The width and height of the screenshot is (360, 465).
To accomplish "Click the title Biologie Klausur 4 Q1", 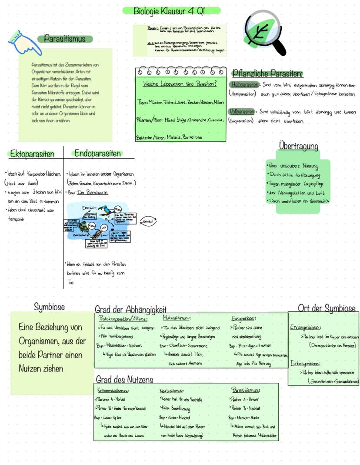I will (x=171, y=10).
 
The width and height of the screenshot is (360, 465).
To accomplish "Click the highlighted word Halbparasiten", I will (x=245, y=84).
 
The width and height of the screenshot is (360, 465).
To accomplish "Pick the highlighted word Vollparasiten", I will (x=241, y=112).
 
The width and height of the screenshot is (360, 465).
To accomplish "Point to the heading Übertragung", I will (x=298, y=146).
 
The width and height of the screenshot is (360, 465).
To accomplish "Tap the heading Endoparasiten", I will (x=97, y=153).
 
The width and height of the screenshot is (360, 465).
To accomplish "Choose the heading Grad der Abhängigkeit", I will (x=130, y=310).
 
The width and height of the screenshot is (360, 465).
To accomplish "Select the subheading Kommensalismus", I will (x=113, y=390).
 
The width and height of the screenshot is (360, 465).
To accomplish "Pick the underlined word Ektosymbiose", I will (x=306, y=363).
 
